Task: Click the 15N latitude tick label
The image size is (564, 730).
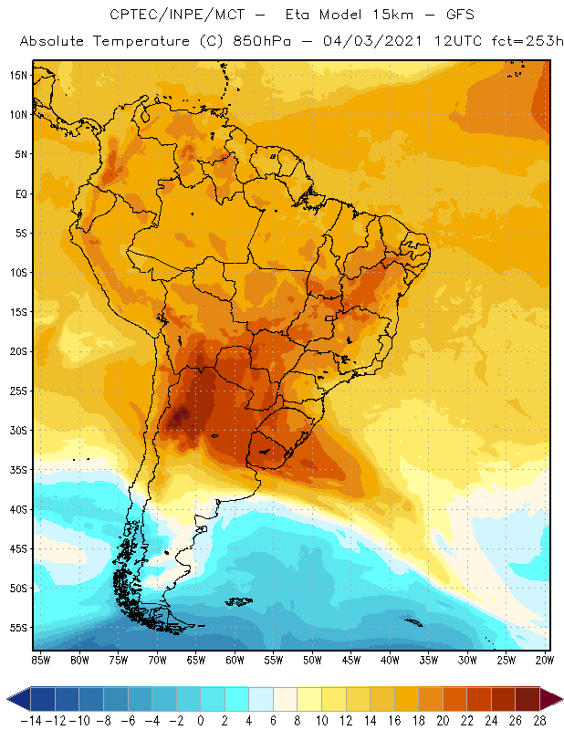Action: click(18, 75)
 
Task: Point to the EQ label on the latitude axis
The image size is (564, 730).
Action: click(20, 193)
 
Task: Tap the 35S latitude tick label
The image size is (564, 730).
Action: click(18, 470)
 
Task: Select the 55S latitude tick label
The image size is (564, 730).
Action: click(18, 628)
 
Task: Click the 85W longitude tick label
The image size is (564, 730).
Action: click(40, 659)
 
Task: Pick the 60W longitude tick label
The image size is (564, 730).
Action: click(235, 659)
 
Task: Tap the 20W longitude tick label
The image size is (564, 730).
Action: click(545, 659)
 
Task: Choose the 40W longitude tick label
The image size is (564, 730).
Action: click(390, 659)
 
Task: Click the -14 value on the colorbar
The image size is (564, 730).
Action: click(31, 719)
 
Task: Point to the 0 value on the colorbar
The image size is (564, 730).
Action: click(201, 719)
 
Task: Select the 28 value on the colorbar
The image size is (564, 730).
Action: click(539, 719)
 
